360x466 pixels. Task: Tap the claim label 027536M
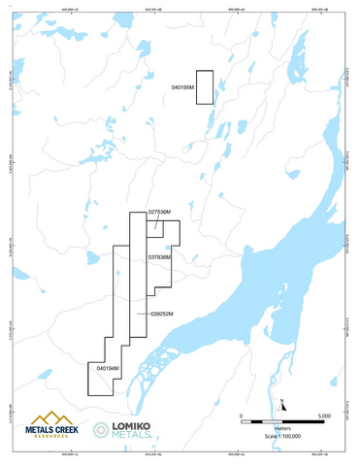(160, 211)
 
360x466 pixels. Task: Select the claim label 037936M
(159, 257)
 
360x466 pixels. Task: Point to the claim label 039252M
(161, 314)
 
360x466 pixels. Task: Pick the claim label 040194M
(108, 369)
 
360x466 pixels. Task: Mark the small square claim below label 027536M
(154, 226)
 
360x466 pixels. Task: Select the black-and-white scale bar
(281, 421)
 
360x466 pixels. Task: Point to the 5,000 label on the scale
(324, 416)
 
